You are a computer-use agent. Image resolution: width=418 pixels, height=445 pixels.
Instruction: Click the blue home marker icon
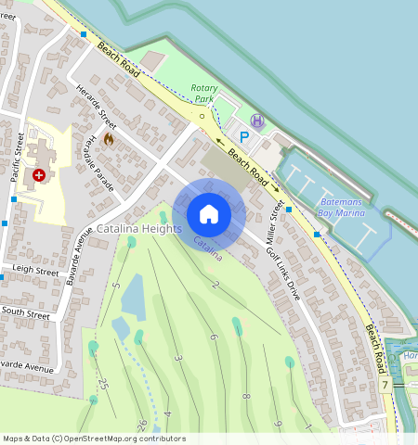click(209, 214)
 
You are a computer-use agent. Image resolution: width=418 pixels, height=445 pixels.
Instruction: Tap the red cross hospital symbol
click(39, 174)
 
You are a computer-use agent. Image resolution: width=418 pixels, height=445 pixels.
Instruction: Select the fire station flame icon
click(108, 139)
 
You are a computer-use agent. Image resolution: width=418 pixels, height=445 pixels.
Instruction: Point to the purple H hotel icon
click(256, 121)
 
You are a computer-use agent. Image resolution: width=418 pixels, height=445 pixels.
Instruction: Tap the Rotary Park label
click(203, 92)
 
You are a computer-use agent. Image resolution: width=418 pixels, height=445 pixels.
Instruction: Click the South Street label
click(25, 314)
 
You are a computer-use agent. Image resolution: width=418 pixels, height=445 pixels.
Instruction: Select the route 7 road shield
click(385, 384)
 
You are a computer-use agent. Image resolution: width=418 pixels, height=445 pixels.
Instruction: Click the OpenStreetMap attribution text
click(94, 439)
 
